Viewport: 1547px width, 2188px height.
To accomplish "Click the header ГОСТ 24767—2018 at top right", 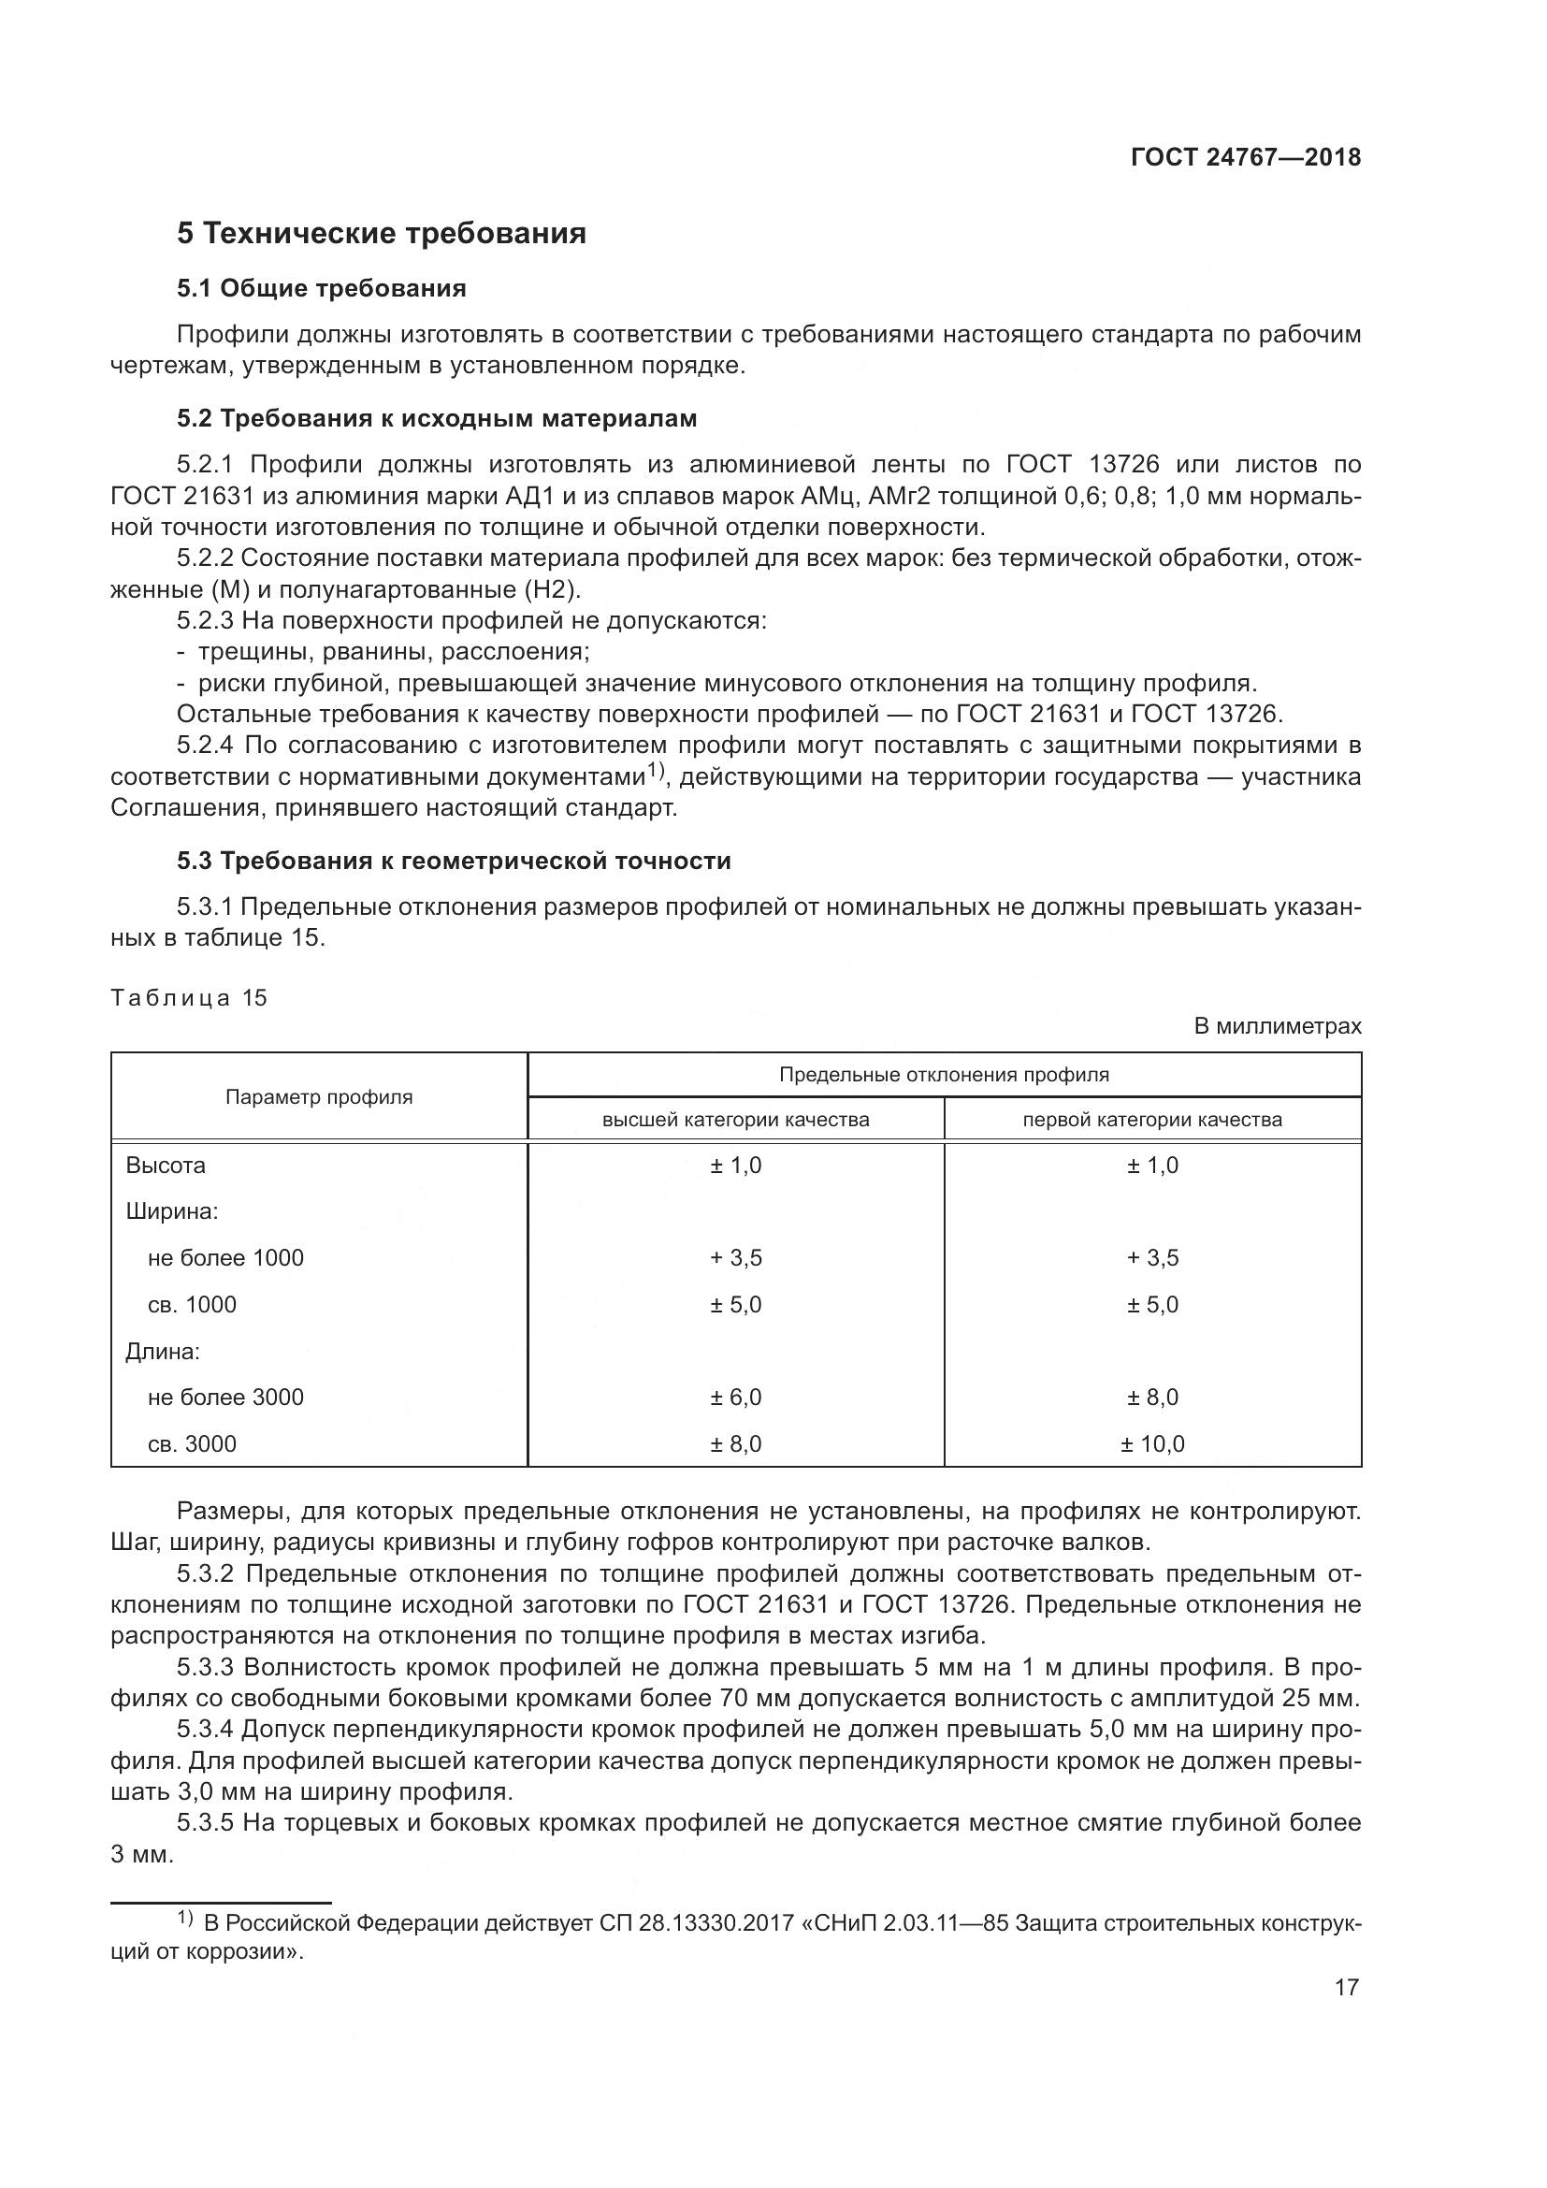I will (x=1245, y=158).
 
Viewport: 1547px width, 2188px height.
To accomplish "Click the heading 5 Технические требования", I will (x=381, y=234).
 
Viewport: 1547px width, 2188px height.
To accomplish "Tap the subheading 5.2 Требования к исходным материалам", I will (x=436, y=418).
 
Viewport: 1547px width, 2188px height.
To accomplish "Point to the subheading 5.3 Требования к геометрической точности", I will (x=454, y=861).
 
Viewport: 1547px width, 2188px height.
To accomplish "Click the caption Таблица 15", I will (x=189, y=998).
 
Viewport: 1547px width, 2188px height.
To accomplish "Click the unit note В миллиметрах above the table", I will (x=1277, y=1026).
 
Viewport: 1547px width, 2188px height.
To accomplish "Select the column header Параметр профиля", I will (x=319, y=1097).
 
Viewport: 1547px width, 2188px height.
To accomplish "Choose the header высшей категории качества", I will (x=735, y=1120).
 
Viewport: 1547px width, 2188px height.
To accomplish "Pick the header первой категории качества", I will (x=1151, y=1120).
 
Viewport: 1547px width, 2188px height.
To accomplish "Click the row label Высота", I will (x=166, y=1166).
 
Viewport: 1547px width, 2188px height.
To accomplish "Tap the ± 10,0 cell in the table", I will (x=1151, y=1443).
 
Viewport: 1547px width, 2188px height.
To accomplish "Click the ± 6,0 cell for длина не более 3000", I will (x=735, y=1397).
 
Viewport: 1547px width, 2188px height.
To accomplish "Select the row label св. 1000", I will (x=192, y=1305).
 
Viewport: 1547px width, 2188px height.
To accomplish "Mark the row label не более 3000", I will (x=224, y=1397).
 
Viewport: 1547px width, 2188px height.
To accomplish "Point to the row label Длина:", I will (x=163, y=1352).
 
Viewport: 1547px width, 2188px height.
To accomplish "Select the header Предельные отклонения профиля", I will (x=943, y=1075).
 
